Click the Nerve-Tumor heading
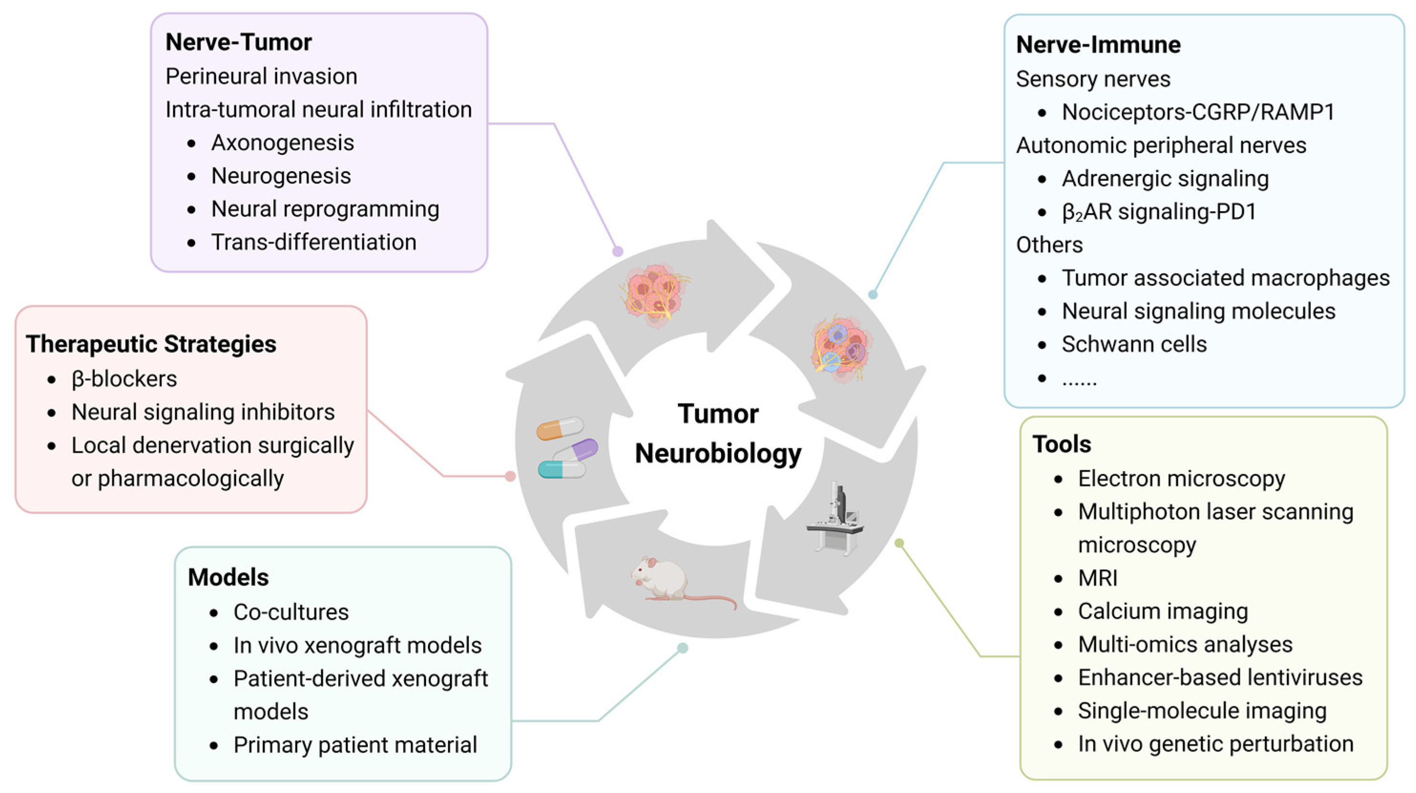tap(238, 42)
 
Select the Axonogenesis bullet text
tap(282, 143)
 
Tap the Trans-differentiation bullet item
tap(313, 242)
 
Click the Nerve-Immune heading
tap(1098, 44)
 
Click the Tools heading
tap(1062, 444)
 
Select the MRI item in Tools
tap(1097, 578)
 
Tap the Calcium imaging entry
tap(1163, 611)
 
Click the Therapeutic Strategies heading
tap(151, 344)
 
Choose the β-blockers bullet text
tap(124, 379)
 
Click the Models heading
tap(228, 577)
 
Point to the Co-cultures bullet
tap(291, 612)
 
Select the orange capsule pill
tap(559, 429)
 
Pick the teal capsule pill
tap(561, 470)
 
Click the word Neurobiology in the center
tap(718, 454)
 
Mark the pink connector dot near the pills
tap(510, 476)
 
